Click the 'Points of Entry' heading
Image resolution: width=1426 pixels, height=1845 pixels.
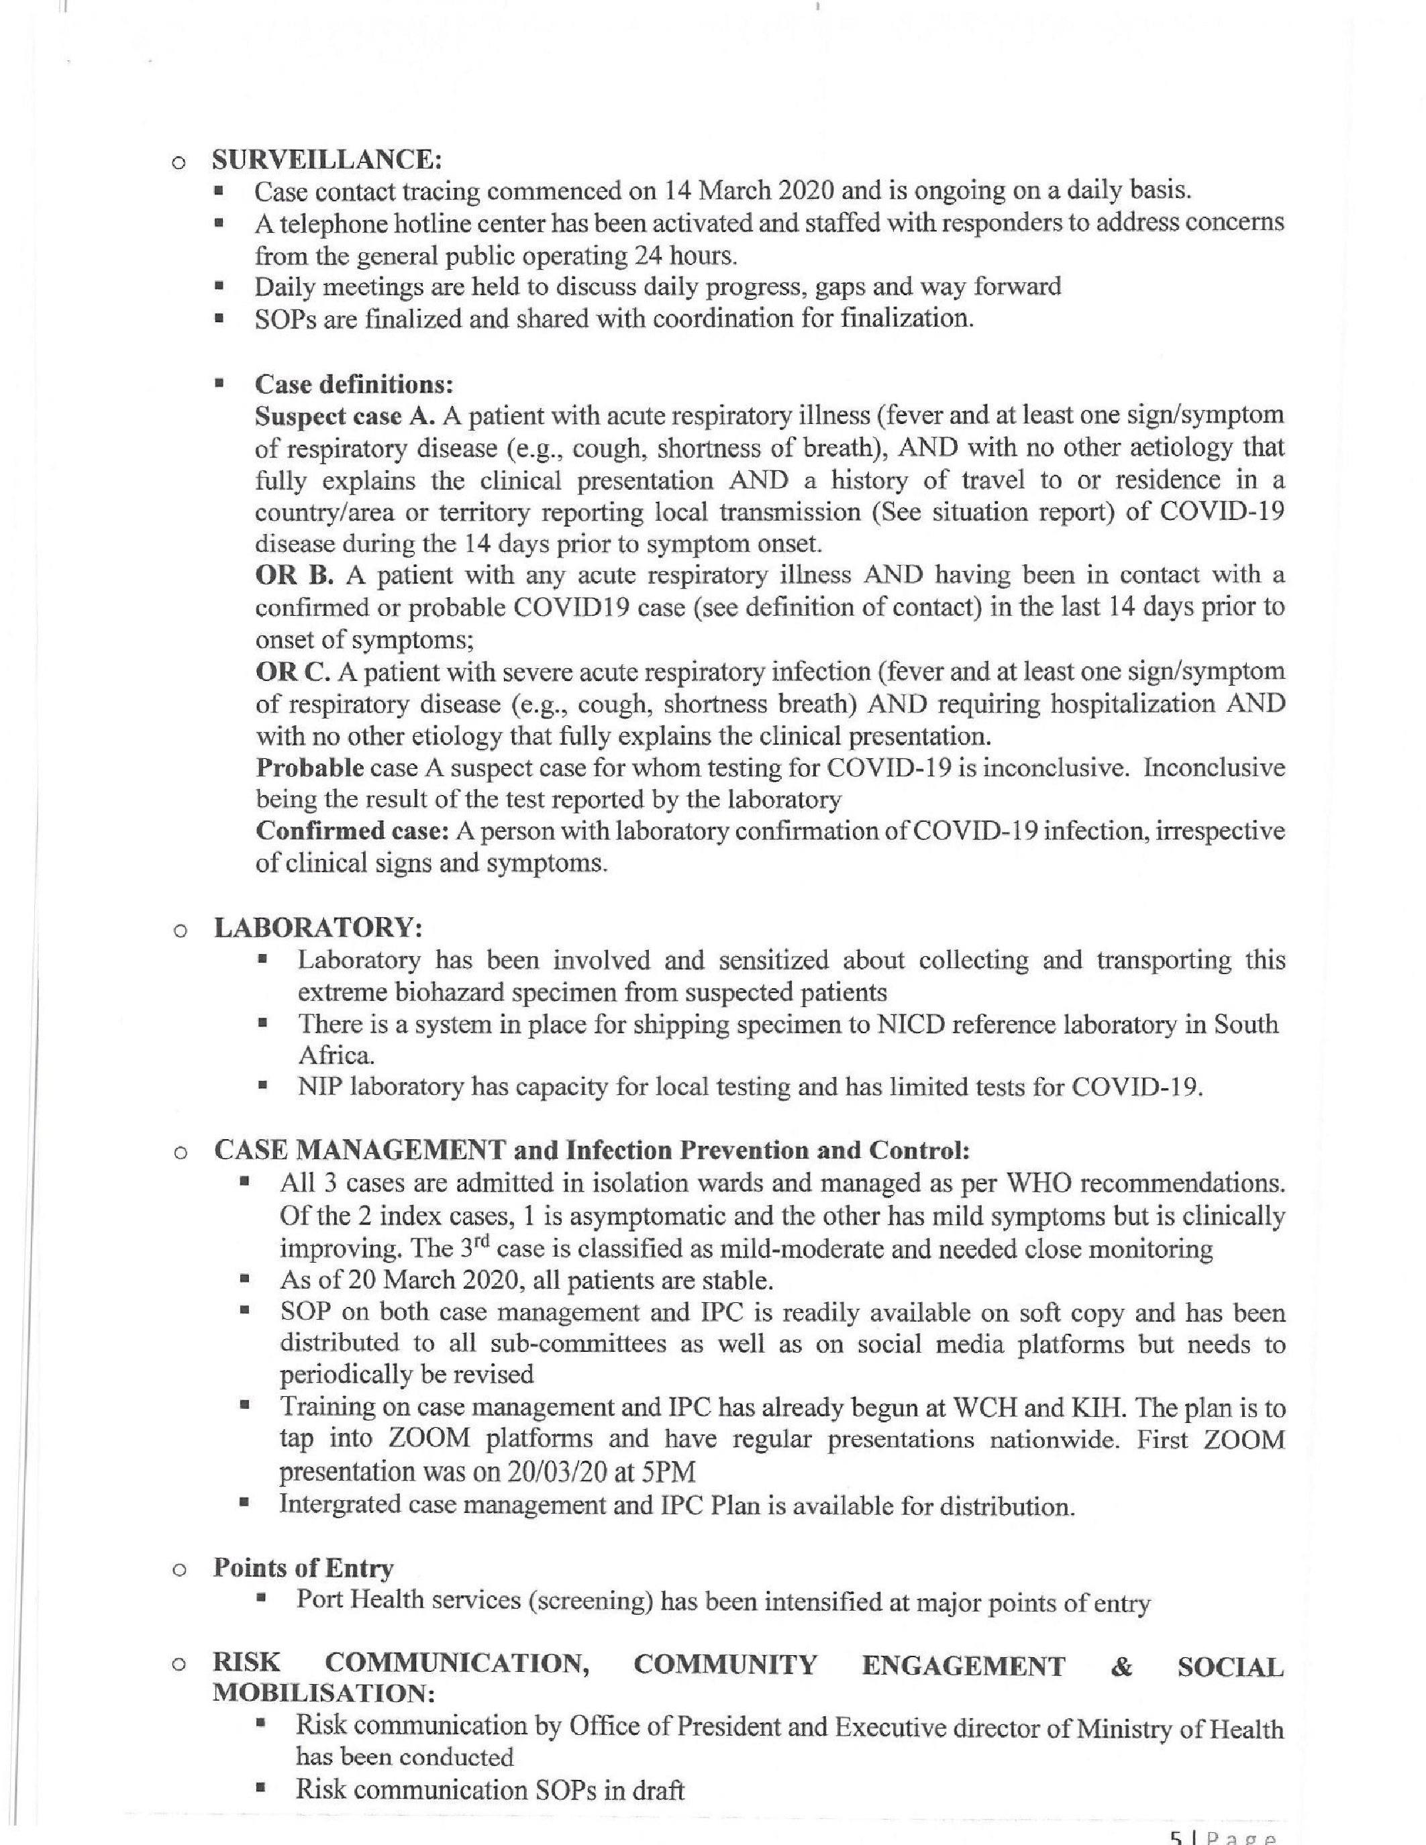click(303, 1568)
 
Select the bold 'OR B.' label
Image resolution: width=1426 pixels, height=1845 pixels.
click(296, 575)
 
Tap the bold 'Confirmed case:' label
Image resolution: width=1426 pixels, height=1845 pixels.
click(352, 831)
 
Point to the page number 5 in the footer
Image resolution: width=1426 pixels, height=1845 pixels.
click(1175, 1836)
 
